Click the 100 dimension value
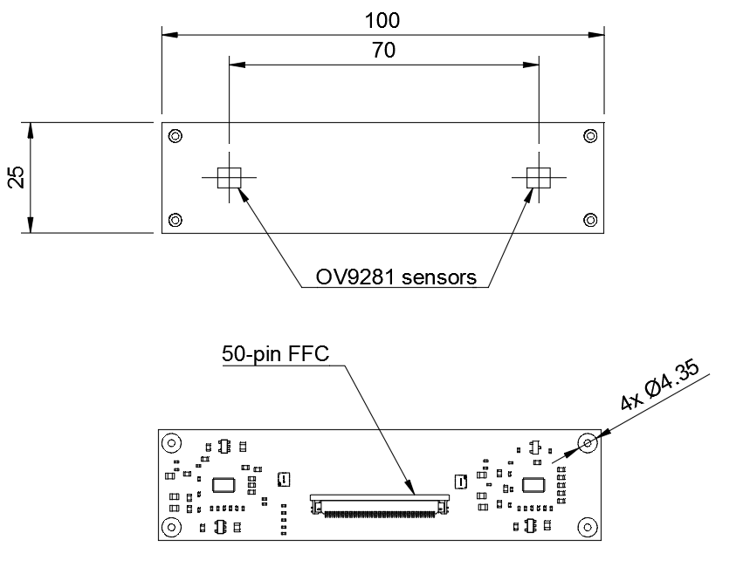tap(383, 20)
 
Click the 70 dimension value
tap(383, 51)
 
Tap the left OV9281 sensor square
tap(229, 178)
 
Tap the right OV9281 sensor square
tap(538, 178)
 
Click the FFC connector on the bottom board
tap(380, 505)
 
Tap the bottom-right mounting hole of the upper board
tap(589, 219)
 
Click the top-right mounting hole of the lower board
tap(588, 443)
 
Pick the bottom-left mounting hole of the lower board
tap(171, 527)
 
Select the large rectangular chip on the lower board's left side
tap(224, 485)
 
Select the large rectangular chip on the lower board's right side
tap(533, 485)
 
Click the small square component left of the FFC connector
tap(283, 479)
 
